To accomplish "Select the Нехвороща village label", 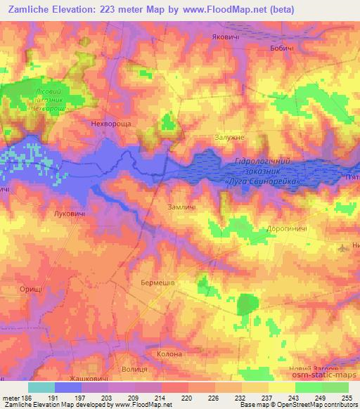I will pos(112,122).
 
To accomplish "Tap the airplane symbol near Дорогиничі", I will pos(342,247).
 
